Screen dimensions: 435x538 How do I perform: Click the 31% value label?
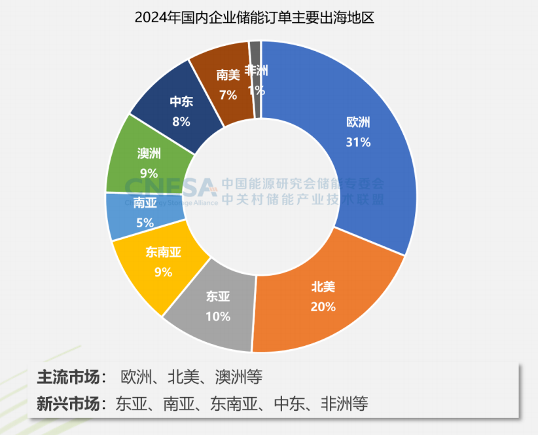[358, 141]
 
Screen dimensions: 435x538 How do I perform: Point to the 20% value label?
[323, 306]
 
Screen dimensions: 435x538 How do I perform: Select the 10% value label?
[218, 316]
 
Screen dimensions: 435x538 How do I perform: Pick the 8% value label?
[181, 121]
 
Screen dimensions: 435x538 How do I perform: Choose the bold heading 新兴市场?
[71, 403]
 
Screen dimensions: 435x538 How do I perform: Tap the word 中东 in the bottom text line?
[290, 403]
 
